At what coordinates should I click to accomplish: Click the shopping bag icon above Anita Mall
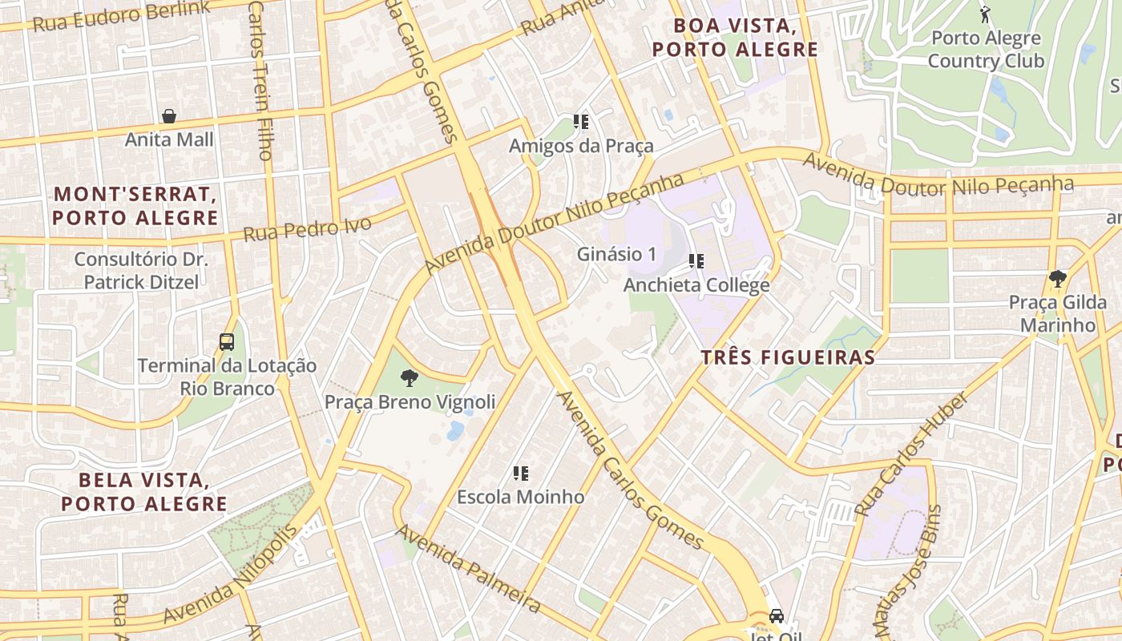[169, 117]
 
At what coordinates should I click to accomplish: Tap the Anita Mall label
[169, 139]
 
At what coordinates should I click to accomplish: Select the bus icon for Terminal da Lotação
[227, 342]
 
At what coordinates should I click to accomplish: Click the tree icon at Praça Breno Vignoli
[410, 378]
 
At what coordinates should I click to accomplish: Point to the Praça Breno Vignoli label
[410, 401]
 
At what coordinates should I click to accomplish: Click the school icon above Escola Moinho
[521, 474]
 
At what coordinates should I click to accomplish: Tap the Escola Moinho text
[521, 497]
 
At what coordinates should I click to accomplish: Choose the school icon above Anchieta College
[696, 261]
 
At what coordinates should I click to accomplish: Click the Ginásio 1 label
[616, 254]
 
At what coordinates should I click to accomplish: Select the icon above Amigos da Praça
[581, 123]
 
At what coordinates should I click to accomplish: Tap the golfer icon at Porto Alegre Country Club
[985, 14]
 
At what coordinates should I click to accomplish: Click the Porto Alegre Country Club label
[986, 50]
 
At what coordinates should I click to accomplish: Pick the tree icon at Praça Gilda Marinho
[1057, 279]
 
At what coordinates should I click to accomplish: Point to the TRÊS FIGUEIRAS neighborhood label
[788, 357]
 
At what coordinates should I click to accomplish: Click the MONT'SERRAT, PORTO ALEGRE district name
[135, 206]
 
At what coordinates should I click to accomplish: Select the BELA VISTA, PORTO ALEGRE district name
[144, 492]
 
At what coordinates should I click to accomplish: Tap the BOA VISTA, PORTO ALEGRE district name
[735, 38]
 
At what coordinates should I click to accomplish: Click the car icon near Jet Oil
[776, 615]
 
